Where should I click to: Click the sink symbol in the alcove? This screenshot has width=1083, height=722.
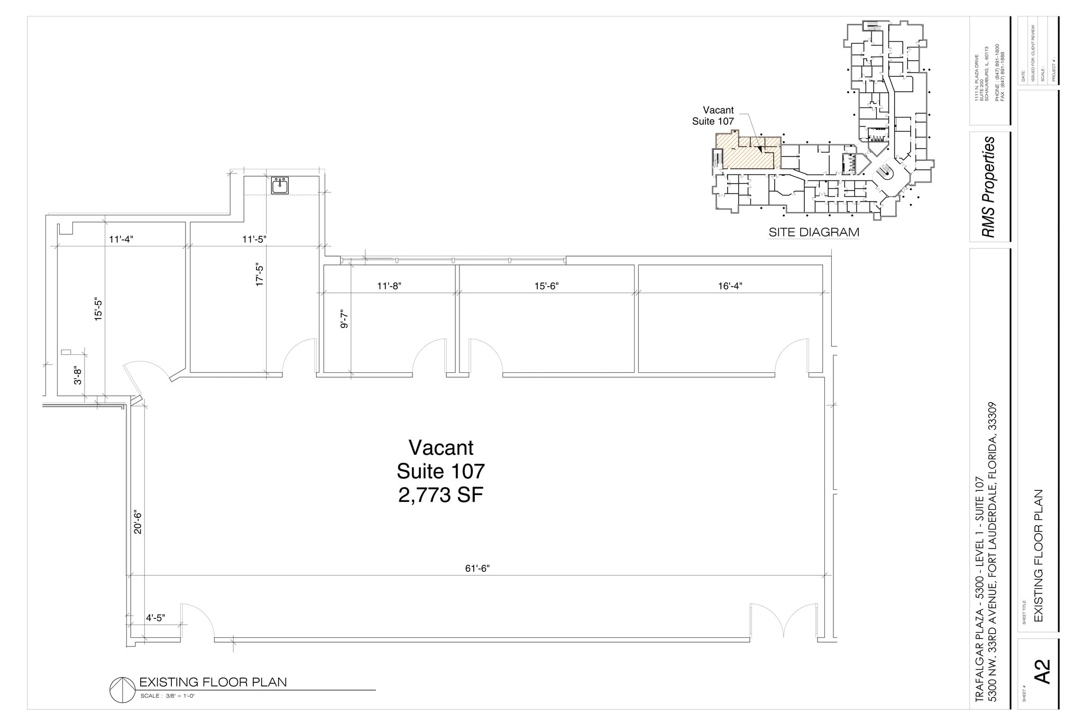tap(280, 186)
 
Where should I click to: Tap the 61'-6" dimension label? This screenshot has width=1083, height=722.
tap(477, 569)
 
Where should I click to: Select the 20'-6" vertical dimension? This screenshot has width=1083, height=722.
tap(138, 522)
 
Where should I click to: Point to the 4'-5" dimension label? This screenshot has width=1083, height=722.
tap(155, 617)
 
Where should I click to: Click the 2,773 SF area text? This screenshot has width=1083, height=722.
tap(440, 495)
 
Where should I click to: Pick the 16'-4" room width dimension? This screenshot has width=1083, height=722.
tap(730, 286)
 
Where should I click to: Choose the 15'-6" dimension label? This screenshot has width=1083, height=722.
tap(546, 286)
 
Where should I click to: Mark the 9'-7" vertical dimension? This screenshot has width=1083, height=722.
tap(344, 319)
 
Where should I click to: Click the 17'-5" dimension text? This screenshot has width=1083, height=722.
tap(260, 275)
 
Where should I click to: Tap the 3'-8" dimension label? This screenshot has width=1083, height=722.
tap(78, 375)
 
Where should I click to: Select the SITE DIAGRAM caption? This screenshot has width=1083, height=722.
tap(813, 232)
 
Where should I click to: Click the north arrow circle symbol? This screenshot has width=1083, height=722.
tap(122, 690)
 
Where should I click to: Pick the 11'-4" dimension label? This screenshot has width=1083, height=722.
tap(121, 239)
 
